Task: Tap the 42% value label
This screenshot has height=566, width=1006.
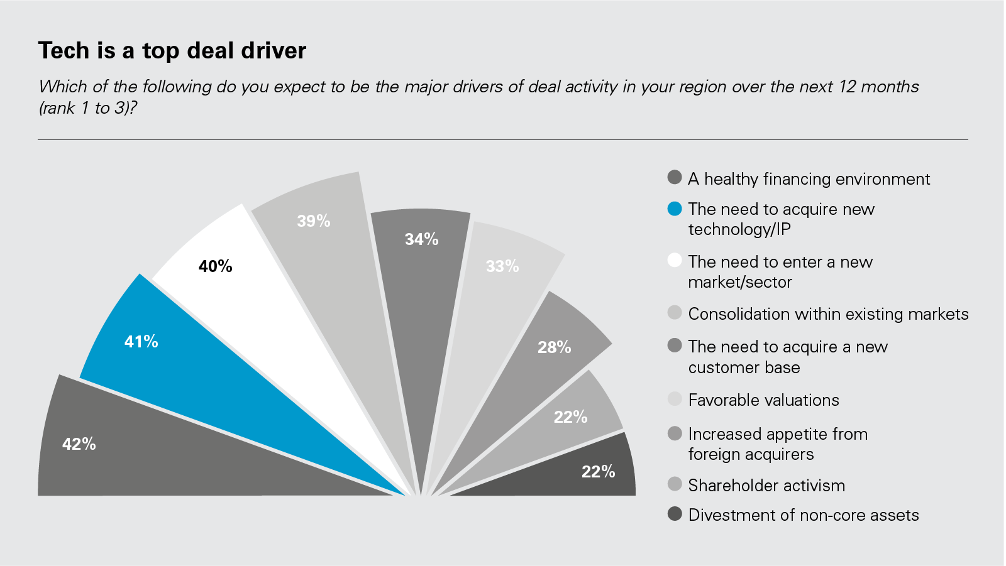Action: pos(79,444)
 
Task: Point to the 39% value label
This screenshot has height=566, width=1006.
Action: pos(314,221)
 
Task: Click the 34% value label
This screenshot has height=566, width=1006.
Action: pos(421,239)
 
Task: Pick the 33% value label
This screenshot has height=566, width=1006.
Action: pos(502,266)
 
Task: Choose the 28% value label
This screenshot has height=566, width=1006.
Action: pos(554,347)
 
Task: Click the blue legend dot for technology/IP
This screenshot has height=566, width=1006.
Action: pos(675,209)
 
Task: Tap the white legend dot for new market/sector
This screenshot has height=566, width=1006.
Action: pos(675,261)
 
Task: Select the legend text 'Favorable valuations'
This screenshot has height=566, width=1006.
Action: pos(763,400)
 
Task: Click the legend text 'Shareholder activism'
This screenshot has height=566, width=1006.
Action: pos(766,486)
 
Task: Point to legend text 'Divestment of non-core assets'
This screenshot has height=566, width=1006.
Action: pos(803,515)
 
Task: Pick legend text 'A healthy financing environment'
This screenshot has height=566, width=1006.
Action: pos(809,179)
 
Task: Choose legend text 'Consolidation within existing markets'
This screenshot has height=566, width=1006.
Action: pos(828,314)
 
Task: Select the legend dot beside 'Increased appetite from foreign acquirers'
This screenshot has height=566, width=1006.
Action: pos(675,433)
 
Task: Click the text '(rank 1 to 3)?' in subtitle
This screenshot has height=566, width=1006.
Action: pos(88,108)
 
